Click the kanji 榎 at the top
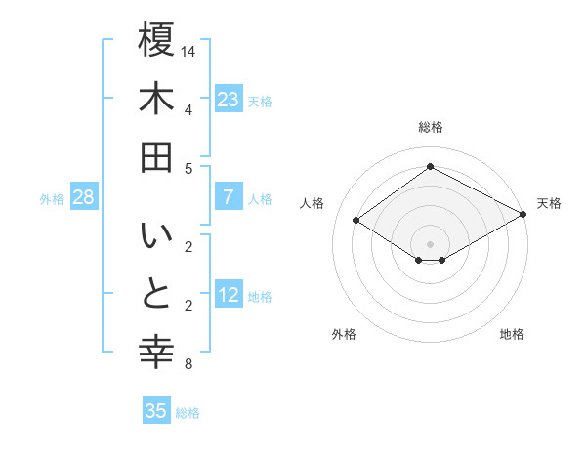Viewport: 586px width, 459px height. click(156, 42)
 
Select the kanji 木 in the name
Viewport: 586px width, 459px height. click(156, 99)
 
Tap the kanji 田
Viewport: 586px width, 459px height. click(156, 156)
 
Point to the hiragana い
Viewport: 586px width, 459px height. click(156, 237)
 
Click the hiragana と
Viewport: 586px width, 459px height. click(156, 295)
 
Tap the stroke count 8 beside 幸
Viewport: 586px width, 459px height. click(188, 365)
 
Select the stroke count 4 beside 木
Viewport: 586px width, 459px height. click(188, 109)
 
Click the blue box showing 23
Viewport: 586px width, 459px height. click(229, 99)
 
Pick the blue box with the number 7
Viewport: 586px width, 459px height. click(229, 197)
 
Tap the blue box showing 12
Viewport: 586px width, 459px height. click(229, 295)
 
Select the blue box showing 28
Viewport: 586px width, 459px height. click(84, 197)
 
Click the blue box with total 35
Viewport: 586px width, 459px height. click(156, 411)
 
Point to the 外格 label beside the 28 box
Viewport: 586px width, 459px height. click(52, 198)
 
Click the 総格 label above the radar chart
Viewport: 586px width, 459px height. click(430, 127)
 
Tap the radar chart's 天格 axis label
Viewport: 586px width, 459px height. click(549, 203)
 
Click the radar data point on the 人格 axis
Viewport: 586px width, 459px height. click(356, 221)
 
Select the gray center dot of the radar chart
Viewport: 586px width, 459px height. click(430, 242)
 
